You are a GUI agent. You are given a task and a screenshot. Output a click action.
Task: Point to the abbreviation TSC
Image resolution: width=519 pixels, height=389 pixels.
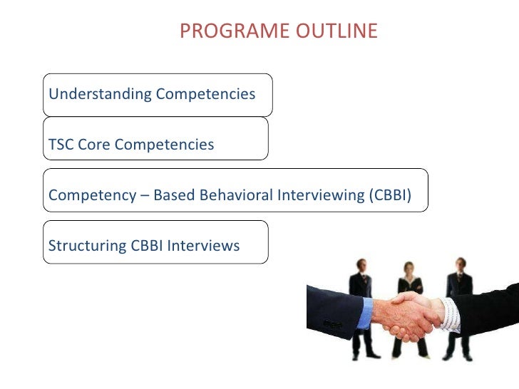[x=61, y=145]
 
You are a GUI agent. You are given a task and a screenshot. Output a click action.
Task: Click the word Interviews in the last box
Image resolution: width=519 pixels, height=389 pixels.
[x=205, y=247]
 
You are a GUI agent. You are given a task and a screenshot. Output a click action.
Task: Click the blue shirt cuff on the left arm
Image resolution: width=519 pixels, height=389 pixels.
[x=364, y=313]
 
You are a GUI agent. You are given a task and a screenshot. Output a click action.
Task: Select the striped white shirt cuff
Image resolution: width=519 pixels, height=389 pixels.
[x=450, y=314]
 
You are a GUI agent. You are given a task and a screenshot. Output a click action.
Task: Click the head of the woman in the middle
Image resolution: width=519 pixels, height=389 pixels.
[x=410, y=269]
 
